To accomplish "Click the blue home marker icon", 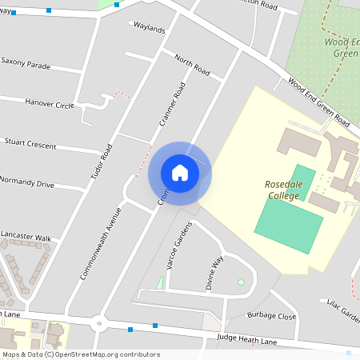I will (x=180, y=172).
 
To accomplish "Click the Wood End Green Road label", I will (x=318, y=102).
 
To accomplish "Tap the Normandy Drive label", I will (x=28, y=184).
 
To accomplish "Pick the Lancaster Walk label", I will (x=26, y=238).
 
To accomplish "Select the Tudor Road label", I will (x=102, y=161).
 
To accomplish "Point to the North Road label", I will (x=191, y=66).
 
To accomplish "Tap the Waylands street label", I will (x=150, y=30).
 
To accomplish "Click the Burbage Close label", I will (x=271, y=316).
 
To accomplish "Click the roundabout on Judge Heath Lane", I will (x=99, y=324).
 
